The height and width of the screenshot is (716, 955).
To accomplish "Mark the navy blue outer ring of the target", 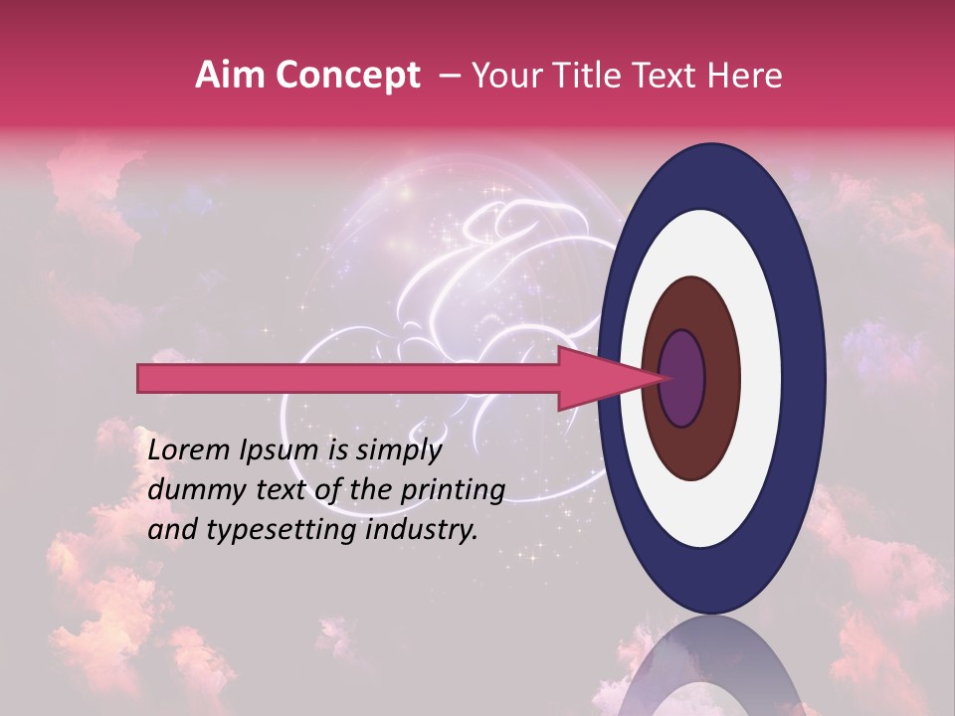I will [x=808, y=379].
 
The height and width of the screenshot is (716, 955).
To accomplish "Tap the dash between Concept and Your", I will [x=449, y=77].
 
